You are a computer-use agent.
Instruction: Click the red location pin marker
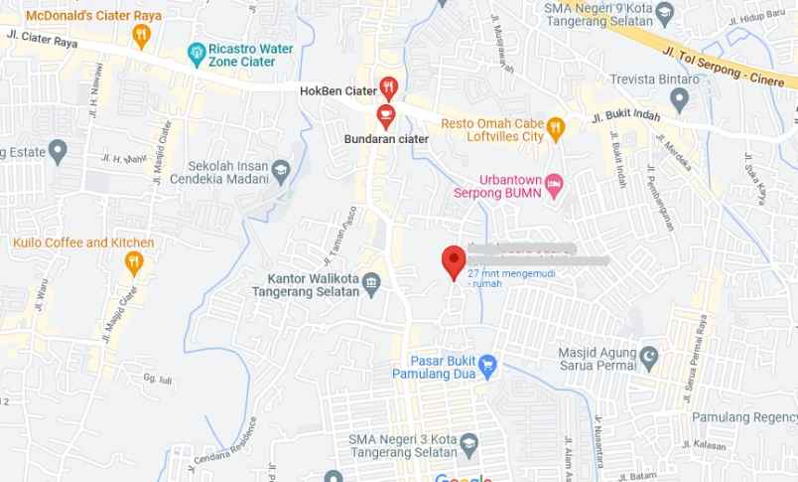click(x=454, y=261)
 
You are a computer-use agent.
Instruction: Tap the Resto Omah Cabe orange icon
click(x=556, y=126)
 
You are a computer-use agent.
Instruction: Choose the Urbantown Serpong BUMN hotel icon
click(x=554, y=184)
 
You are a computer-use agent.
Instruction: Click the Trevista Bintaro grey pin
click(x=679, y=98)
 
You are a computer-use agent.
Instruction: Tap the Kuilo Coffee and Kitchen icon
click(x=134, y=262)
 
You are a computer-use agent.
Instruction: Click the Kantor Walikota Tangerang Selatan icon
click(x=372, y=284)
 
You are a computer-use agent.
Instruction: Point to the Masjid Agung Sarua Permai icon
click(x=649, y=355)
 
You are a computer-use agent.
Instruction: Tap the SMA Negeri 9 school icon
click(x=665, y=14)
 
